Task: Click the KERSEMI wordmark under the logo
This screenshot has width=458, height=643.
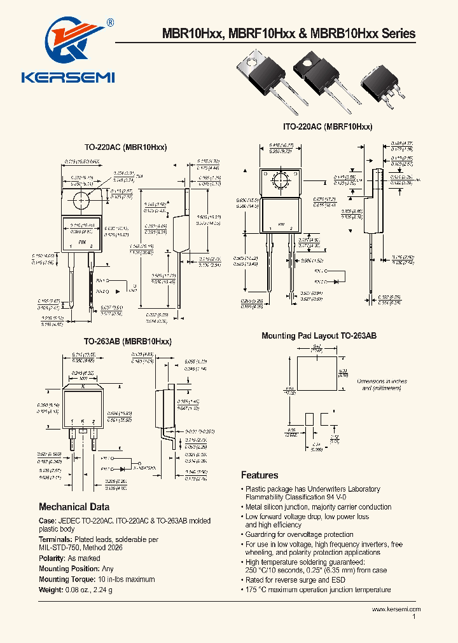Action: click(x=67, y=78)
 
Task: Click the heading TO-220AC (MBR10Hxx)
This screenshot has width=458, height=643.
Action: click(x=125, y=147)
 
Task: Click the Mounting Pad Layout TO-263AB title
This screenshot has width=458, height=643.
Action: click(x=319, y=335)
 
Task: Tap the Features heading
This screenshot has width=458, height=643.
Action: click(x=260, y=475)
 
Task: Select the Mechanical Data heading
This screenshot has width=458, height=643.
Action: click(x=74, y=507)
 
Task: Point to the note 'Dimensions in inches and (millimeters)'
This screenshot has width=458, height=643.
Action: click(x=382, y=384)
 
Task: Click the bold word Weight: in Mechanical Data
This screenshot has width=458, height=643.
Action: click(x=52, y=589)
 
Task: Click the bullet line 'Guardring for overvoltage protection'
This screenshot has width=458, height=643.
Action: click(x=299, y=534)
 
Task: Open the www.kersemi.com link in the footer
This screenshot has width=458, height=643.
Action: click(x=396, y=609)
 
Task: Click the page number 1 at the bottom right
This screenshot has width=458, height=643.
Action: click(x=414, y=616)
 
